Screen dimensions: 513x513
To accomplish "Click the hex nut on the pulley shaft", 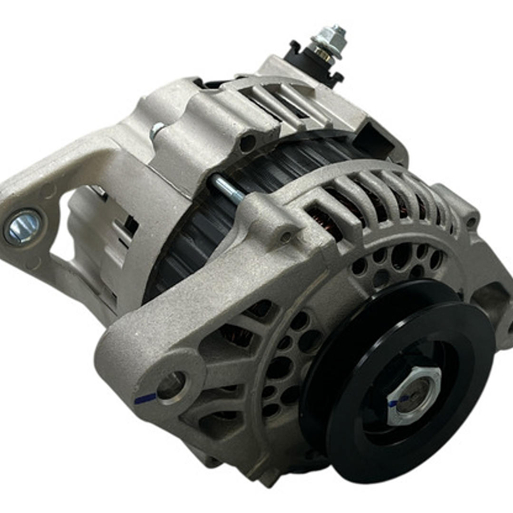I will (413, 396).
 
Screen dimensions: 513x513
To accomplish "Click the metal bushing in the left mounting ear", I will (23, 227).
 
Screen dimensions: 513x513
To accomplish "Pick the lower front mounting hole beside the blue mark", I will (171, 386).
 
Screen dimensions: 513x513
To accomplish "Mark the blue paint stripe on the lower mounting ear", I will (145, 398).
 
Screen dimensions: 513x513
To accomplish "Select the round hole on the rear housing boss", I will (248, 143).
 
